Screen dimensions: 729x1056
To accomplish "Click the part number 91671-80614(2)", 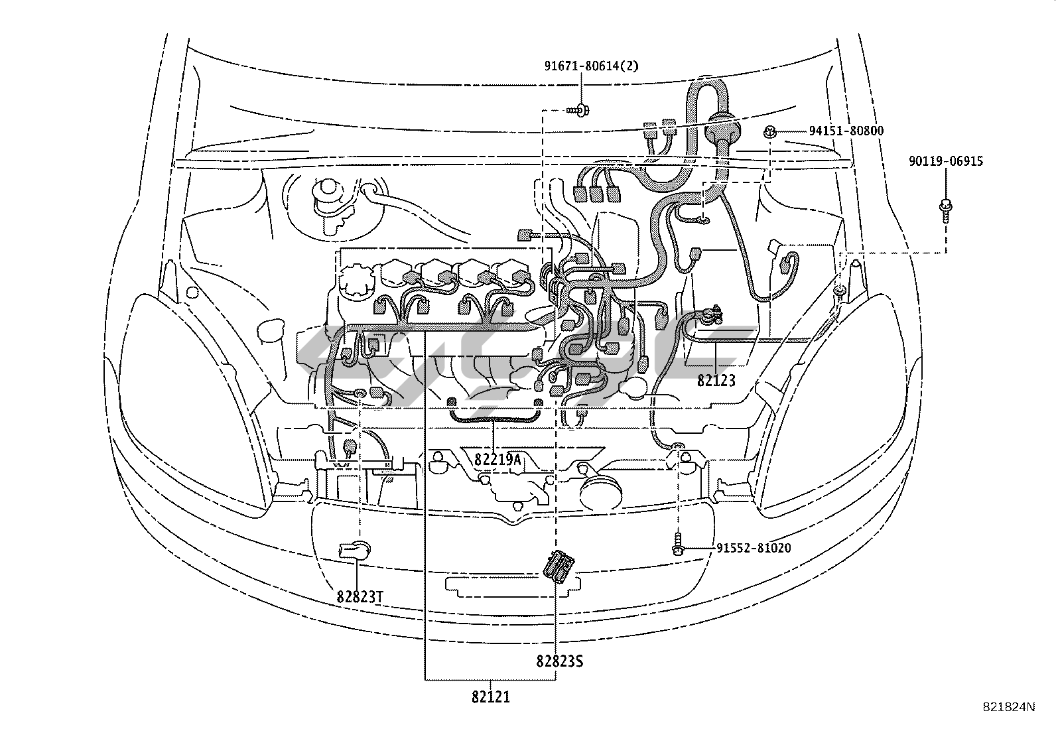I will pyautogui.click(x=582, y=66).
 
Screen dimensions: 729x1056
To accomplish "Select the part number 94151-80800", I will pyautogui.click(x=846, y=131).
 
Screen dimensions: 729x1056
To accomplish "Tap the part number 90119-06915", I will pyautogui.click(x=945, y=161).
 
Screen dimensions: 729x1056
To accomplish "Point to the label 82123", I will pyautogui.click(x=716, y=381).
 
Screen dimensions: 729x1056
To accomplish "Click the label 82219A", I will pyautogui.click(x=497, y=459).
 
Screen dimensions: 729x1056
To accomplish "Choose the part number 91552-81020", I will pyautogui.click(x=754, y=549).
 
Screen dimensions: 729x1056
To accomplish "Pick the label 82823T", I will pyautogui.click(x=360, y=596).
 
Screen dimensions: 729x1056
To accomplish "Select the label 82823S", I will pyautogui.click(x=559, y=661).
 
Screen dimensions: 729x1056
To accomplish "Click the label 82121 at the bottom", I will pyautogui.click(x=491, y=696).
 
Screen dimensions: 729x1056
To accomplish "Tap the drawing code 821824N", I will pyautogui.click(x=1008, y=707).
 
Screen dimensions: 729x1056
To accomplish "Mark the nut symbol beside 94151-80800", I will pyautogui.click(x=771, y=131).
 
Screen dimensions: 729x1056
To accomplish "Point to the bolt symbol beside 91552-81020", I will pyautogui.click(x=677, y=544).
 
